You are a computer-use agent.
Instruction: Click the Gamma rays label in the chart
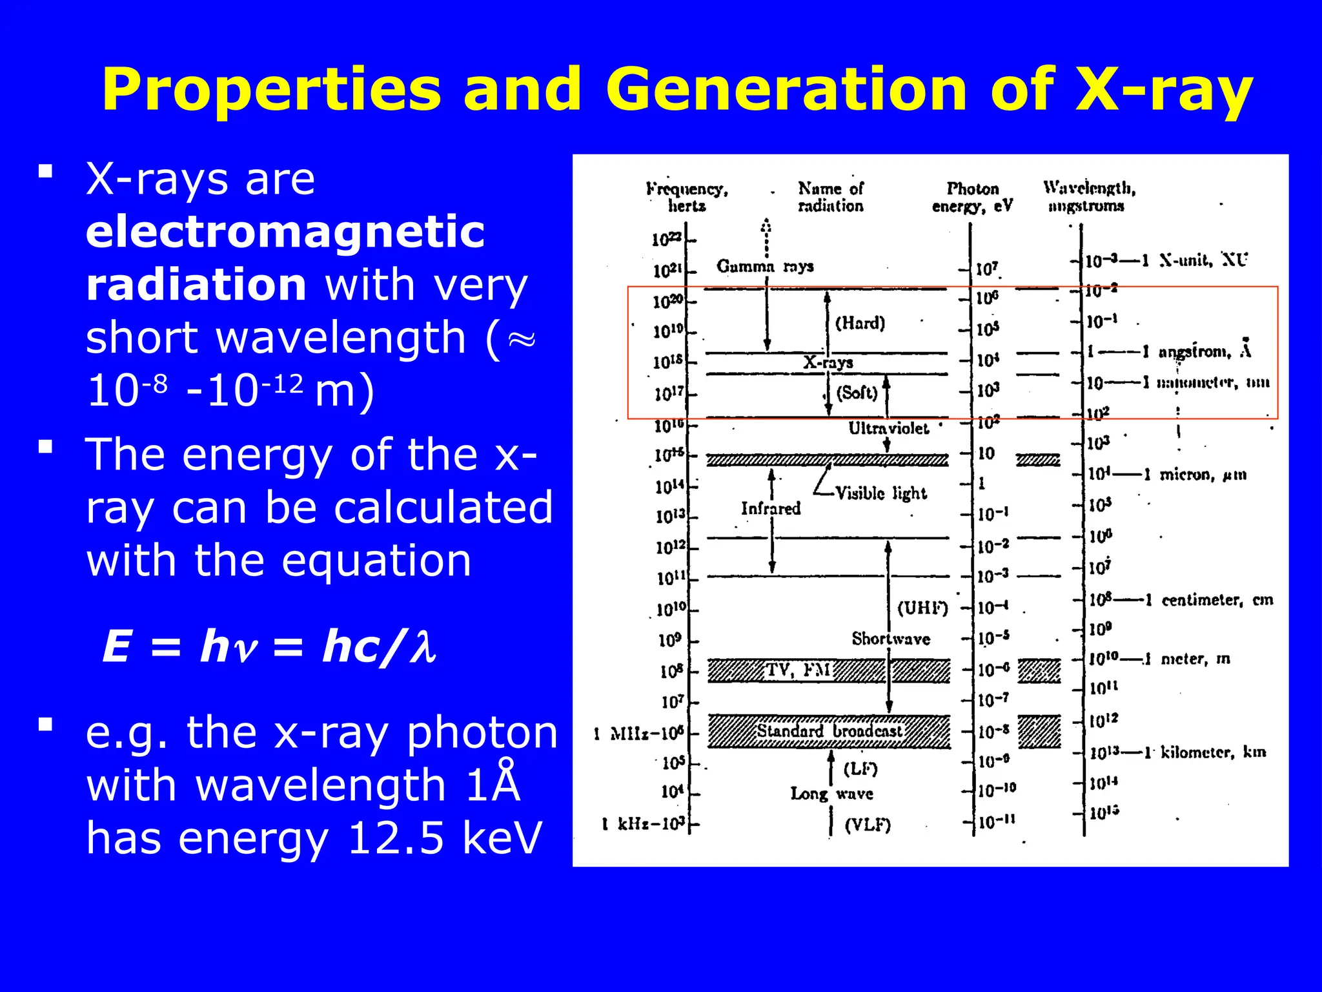(765, 266)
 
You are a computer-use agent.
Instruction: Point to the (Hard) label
(860, 323)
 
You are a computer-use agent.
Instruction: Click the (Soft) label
(857, 393)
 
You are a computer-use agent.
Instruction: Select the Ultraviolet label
(888, 428)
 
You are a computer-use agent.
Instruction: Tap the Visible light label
(880, 493)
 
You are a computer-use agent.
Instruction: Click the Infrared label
(770, 509)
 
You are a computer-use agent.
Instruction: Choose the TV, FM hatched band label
(798, 670)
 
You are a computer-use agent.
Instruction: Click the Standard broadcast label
(829, 731)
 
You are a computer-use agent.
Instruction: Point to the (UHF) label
(922, 608)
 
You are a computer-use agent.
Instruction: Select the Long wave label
(831, 794)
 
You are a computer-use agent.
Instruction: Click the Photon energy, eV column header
(972, 197)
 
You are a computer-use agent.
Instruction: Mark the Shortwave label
(891, 639)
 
